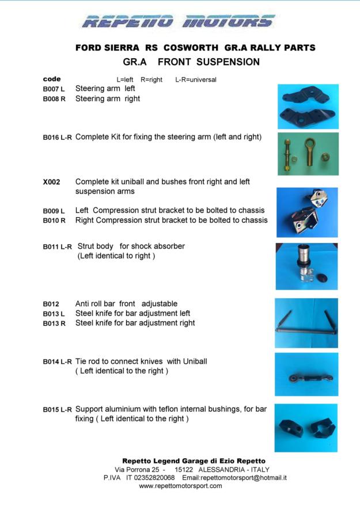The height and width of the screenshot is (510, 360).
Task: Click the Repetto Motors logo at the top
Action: point(179,22)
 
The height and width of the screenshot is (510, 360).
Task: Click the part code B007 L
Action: point(54,89)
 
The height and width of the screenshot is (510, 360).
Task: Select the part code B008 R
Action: point(54,99)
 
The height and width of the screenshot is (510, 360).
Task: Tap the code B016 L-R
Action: point(58,138)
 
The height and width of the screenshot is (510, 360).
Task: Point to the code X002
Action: point(51,182)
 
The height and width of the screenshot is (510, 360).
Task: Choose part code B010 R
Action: point(54,220)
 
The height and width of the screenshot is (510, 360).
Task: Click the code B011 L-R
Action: point(58,247)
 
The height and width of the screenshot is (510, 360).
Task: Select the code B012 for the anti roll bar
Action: point(51,304)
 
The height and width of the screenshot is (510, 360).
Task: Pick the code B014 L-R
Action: point(58,362)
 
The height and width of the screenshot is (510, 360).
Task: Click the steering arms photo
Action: point(308,106)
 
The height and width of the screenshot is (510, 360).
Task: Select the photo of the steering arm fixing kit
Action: point(308,154)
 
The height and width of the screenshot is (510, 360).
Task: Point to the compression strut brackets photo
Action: point(308,212)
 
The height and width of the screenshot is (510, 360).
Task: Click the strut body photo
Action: point(308,266)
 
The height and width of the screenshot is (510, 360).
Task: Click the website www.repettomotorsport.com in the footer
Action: point(180,486)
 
